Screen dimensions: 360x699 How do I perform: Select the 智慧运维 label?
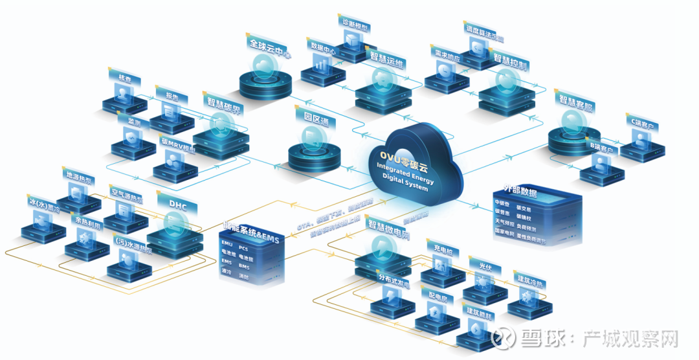tap(388, 59)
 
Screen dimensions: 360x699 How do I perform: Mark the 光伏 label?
tap(484, 265)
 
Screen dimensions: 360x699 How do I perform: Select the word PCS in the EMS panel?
tap(243, 247)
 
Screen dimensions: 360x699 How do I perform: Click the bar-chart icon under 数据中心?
tap(321, 63)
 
